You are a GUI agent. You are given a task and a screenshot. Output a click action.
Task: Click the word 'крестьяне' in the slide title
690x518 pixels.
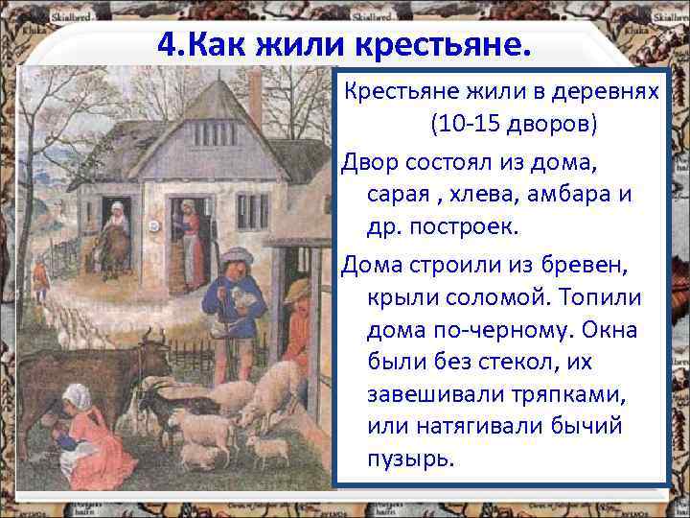point(436,42)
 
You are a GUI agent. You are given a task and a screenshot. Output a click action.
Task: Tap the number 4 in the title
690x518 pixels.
point(164,42)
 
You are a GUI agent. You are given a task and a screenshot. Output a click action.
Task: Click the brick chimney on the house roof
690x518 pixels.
point(255,95)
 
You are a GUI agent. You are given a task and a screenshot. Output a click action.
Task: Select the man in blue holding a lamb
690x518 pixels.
point(232,307)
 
